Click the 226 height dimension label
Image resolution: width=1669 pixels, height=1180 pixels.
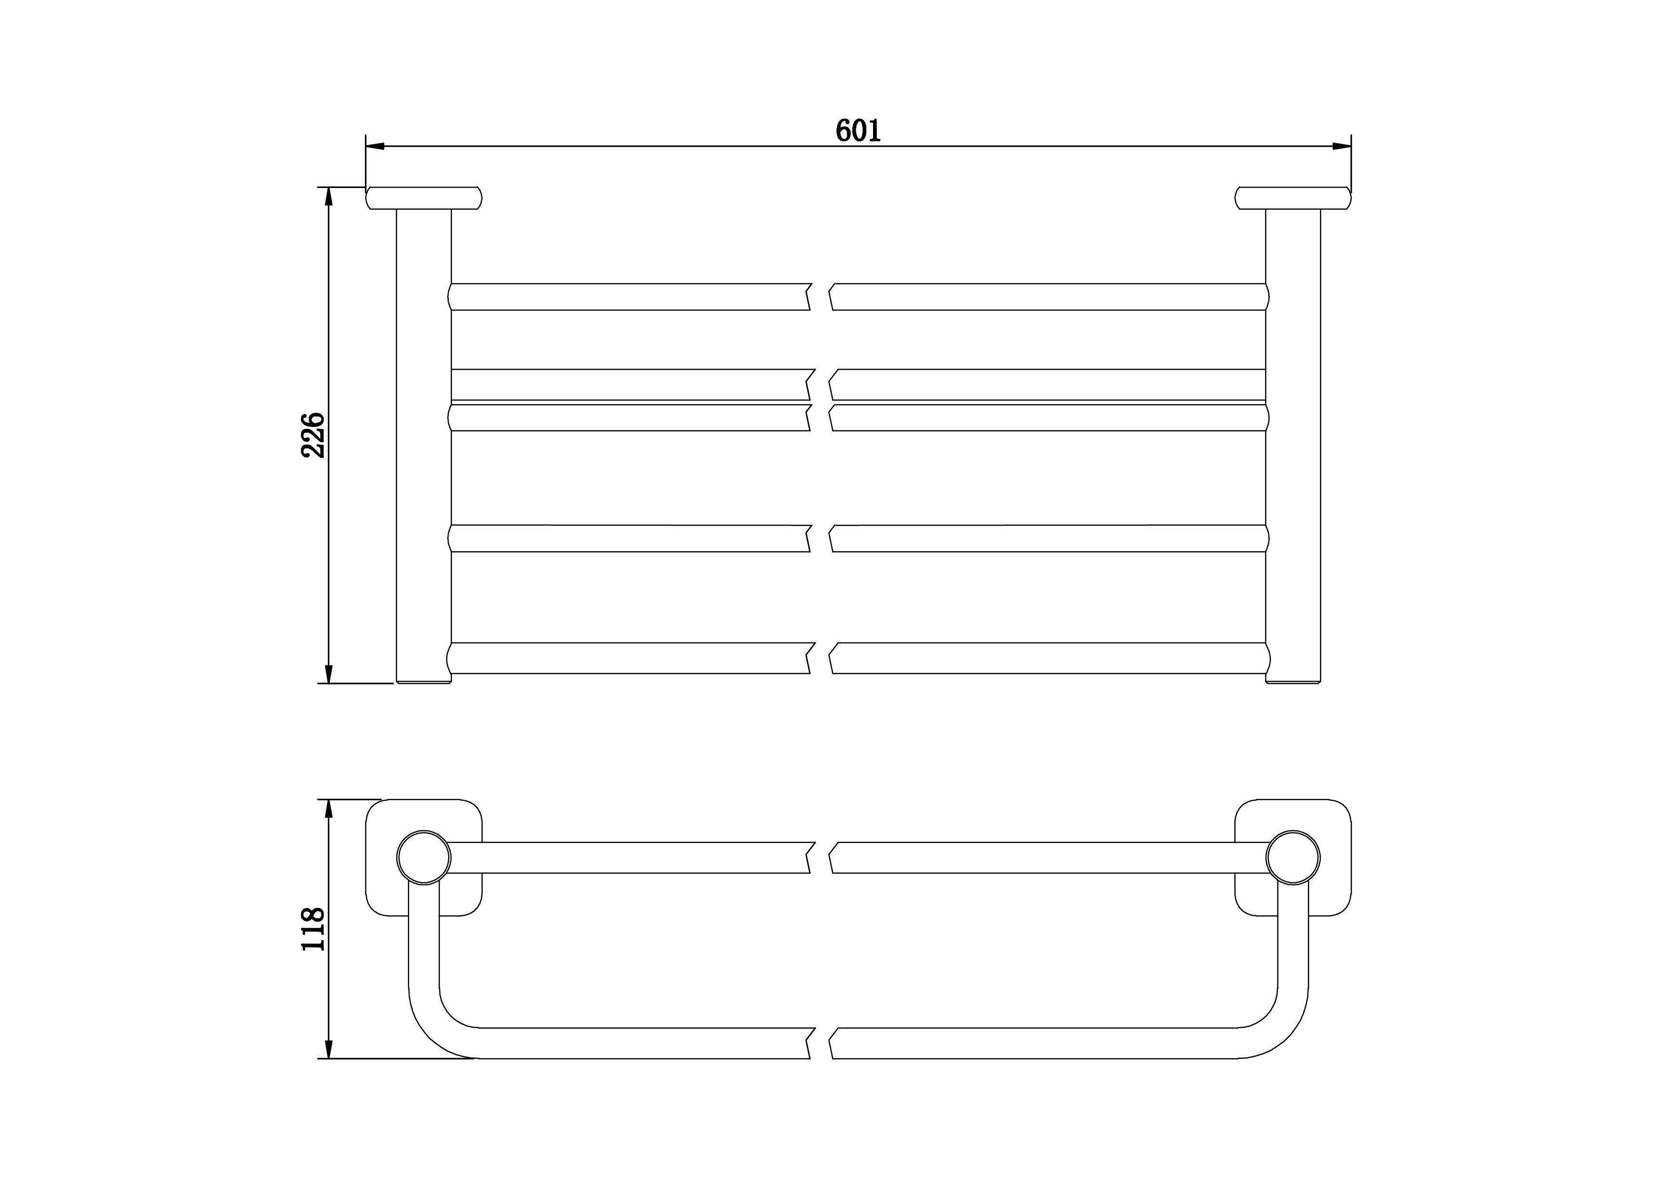[314, 435]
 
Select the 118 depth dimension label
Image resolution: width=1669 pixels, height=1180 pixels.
[314, 929]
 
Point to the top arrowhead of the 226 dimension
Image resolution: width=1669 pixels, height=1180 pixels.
[329, 197]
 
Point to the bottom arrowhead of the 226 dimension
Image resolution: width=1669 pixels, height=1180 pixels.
[329, 673]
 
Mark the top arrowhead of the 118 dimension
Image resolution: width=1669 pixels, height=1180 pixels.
[329, 809]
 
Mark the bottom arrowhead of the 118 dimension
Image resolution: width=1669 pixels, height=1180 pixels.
[329, 1049]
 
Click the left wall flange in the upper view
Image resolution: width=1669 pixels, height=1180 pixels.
[424, 198]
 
